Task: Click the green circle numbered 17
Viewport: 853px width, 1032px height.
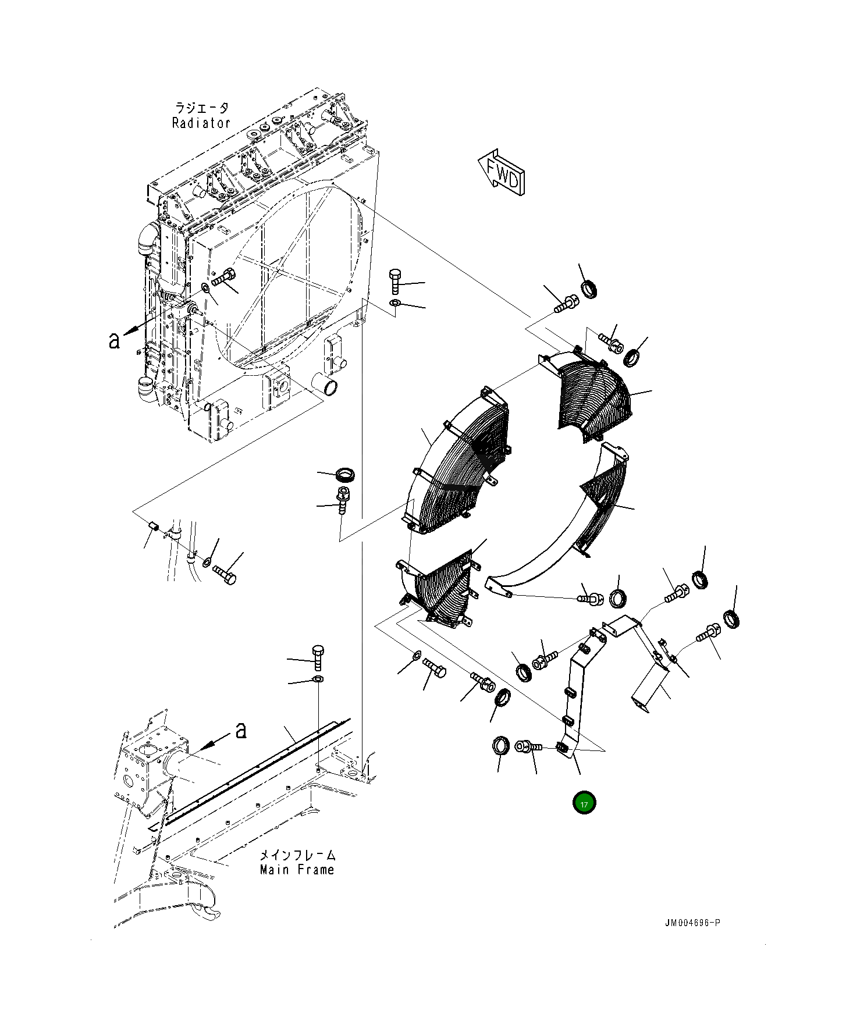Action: click(x=584, y=803)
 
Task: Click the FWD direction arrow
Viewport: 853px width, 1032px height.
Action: click(x=502, y=172)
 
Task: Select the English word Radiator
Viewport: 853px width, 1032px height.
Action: click(x=201, y=123)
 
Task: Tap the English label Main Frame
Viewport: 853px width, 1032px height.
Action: click(x=297, y=870)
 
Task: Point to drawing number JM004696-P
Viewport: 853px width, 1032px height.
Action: click(x=693, y=923)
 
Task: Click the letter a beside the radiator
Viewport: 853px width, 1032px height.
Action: click(x=114, y=340)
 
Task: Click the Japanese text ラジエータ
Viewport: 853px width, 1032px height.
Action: click(x=201, y=108)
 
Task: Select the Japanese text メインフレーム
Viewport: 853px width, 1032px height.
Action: click(x=297, y=855)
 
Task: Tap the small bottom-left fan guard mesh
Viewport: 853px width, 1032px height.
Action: click(x=442, y=588)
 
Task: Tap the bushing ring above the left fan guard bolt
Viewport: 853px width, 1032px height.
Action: click(x=347, y=475)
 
